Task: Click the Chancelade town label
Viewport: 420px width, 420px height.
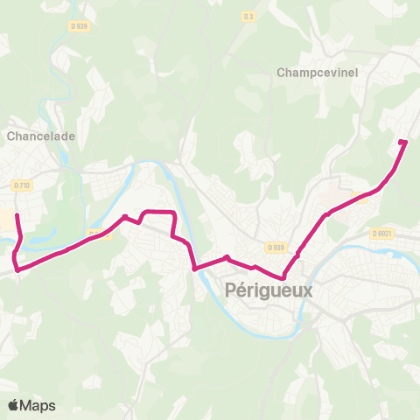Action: tap(41, 136)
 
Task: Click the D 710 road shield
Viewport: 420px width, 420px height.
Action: tap(22, 185)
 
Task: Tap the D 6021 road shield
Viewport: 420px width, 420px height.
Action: tap(382, 233)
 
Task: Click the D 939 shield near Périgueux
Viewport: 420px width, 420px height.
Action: tap(277, 247)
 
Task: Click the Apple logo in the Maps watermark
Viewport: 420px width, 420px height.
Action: tap(14, 405)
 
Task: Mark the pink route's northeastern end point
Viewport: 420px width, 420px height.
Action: tap(402, 142)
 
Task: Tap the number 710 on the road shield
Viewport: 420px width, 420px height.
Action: tap(24, 185)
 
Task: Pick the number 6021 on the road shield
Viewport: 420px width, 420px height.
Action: tap(385, 233)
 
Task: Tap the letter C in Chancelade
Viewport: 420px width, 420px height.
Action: tap(10, 136)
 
